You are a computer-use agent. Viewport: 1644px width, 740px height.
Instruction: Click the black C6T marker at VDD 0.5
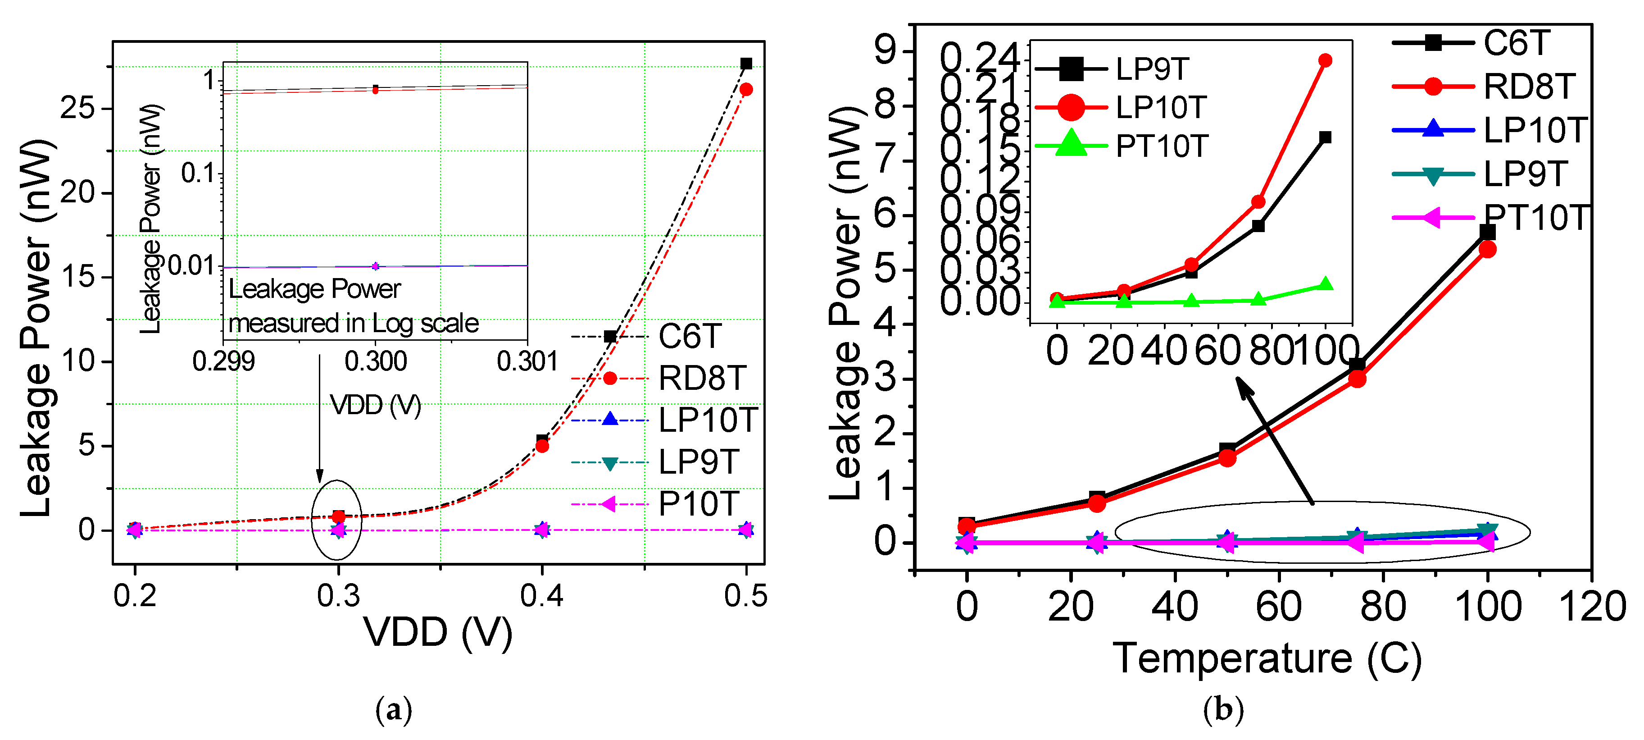[745, 64]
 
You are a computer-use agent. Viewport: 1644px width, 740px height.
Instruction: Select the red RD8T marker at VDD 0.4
[542, 446]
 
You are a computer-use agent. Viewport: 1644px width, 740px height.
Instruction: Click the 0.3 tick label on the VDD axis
[338, 596]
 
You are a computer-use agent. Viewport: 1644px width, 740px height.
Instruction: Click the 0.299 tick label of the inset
[223, 362]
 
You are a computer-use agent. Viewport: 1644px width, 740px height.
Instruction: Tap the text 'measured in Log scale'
[353, 324]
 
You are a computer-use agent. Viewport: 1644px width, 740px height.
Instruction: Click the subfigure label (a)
[394, 710]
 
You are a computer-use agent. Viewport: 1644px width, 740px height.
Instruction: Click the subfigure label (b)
[1223, 710]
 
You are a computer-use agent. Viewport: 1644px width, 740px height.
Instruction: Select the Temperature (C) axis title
[1267, 659]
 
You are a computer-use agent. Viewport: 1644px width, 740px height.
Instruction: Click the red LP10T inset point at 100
[1325, 61]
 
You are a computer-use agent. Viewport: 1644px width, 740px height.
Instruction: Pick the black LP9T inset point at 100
[1325, 137]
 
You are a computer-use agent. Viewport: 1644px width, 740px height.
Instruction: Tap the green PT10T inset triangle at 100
[1325, 284]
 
